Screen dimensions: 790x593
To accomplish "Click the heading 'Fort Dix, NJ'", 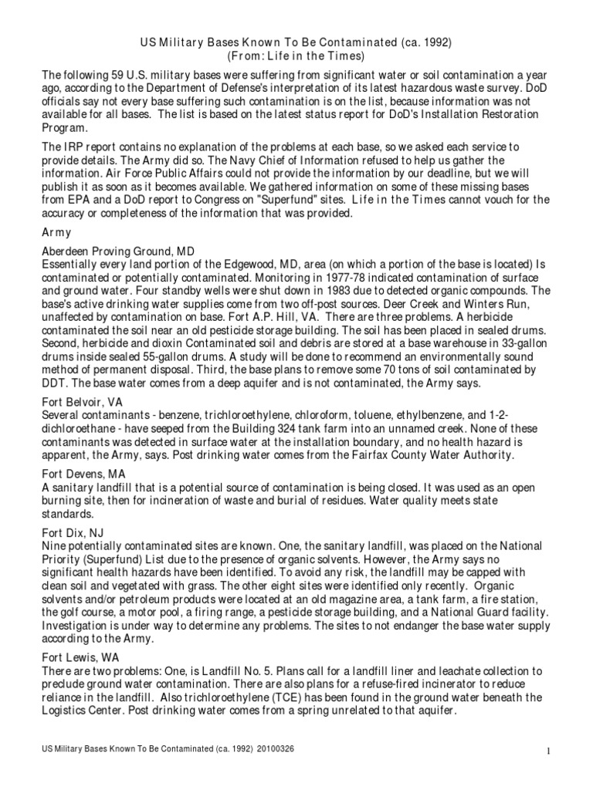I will click(x=75, y=532).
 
